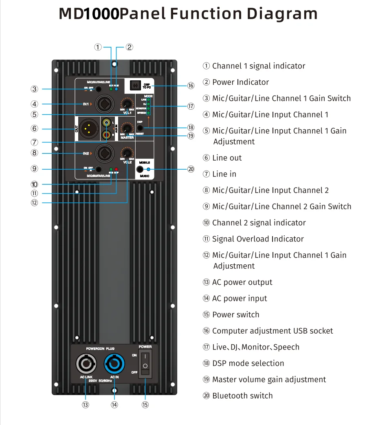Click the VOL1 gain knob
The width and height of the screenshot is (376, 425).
click(128, 104)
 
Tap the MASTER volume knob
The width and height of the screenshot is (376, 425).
click(128, 129)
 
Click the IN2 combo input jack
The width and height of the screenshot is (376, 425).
click(103, 153)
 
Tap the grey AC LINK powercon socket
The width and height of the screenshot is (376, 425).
click(86, 364)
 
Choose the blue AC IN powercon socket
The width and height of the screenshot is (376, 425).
click(114, 364)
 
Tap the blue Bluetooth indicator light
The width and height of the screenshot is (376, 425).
click(148, 169)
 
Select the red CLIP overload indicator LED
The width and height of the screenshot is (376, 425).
click(117, 169)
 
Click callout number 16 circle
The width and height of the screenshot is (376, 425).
click(191, 86)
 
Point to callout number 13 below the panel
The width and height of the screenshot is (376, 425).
click(86, 405)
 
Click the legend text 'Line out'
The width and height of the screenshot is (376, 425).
click(227, 158)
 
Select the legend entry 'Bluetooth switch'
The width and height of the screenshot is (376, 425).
click(242, 396)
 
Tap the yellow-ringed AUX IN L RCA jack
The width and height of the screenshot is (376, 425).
click(107, 122)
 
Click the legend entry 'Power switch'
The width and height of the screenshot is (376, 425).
click(235, 314)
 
